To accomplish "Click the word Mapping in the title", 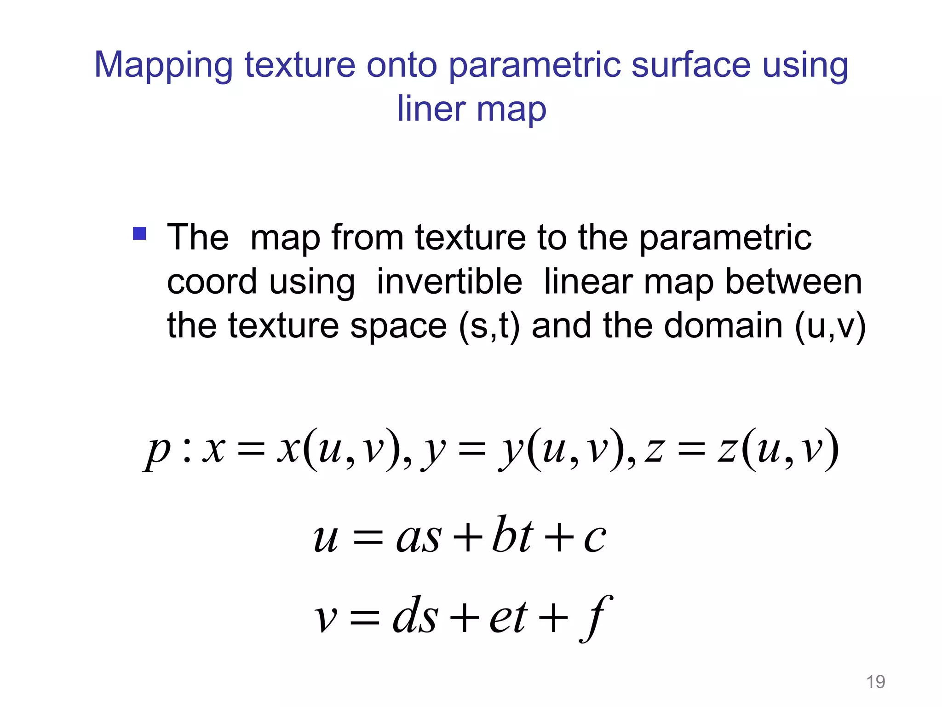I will (x=163, y=66).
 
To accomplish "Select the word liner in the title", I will (x=431, y=109).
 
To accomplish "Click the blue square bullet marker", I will (x=139, y=233).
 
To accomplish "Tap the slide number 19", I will (x=875, y=682).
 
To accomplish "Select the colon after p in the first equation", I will (x=186, y=451).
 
